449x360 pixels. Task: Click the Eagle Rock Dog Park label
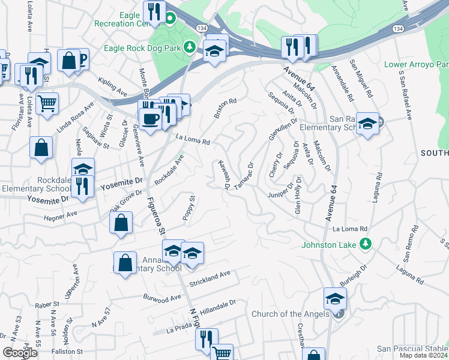[x=142, y=47]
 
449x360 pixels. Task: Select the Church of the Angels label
[x=290, y=314]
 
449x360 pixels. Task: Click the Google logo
[x=20, y=353]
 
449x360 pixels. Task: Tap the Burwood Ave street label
[x=162, y=296]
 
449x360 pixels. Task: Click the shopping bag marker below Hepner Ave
[x=121, y=222]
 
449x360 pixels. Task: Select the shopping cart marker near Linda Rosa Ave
[x=47, y=103]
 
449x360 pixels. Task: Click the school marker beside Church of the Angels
[x=335, y=298]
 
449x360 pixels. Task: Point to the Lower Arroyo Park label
[x=416, y=64]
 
